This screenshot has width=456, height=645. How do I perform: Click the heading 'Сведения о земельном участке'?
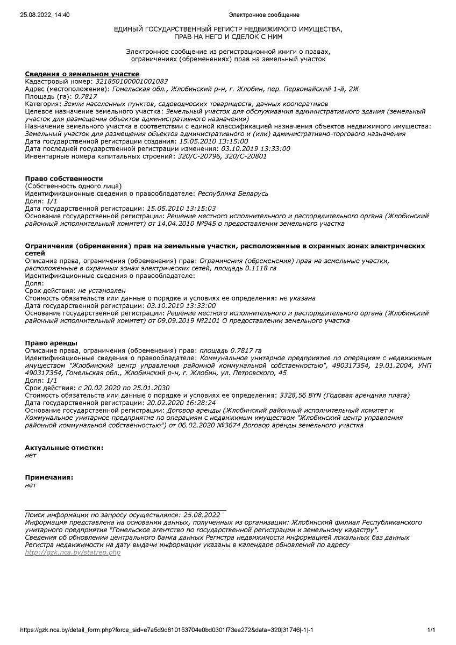tap(82, 74)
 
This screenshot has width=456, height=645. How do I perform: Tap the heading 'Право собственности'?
tap(64, 178)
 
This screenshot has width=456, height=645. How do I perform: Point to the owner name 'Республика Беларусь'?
tap(233, 193)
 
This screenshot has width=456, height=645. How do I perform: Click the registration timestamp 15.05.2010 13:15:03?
tap(181, 209)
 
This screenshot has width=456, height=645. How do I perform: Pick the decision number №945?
tap(196, 224)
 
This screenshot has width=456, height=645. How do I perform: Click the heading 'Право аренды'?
tap(51, 343)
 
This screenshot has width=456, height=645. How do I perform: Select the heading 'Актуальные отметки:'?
tap(64, 448)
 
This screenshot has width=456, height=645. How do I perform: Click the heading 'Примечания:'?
tap(49, 477)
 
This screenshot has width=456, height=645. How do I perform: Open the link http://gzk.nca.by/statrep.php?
tap(73, 553)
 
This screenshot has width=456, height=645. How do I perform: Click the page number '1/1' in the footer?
tap(431, 630)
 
